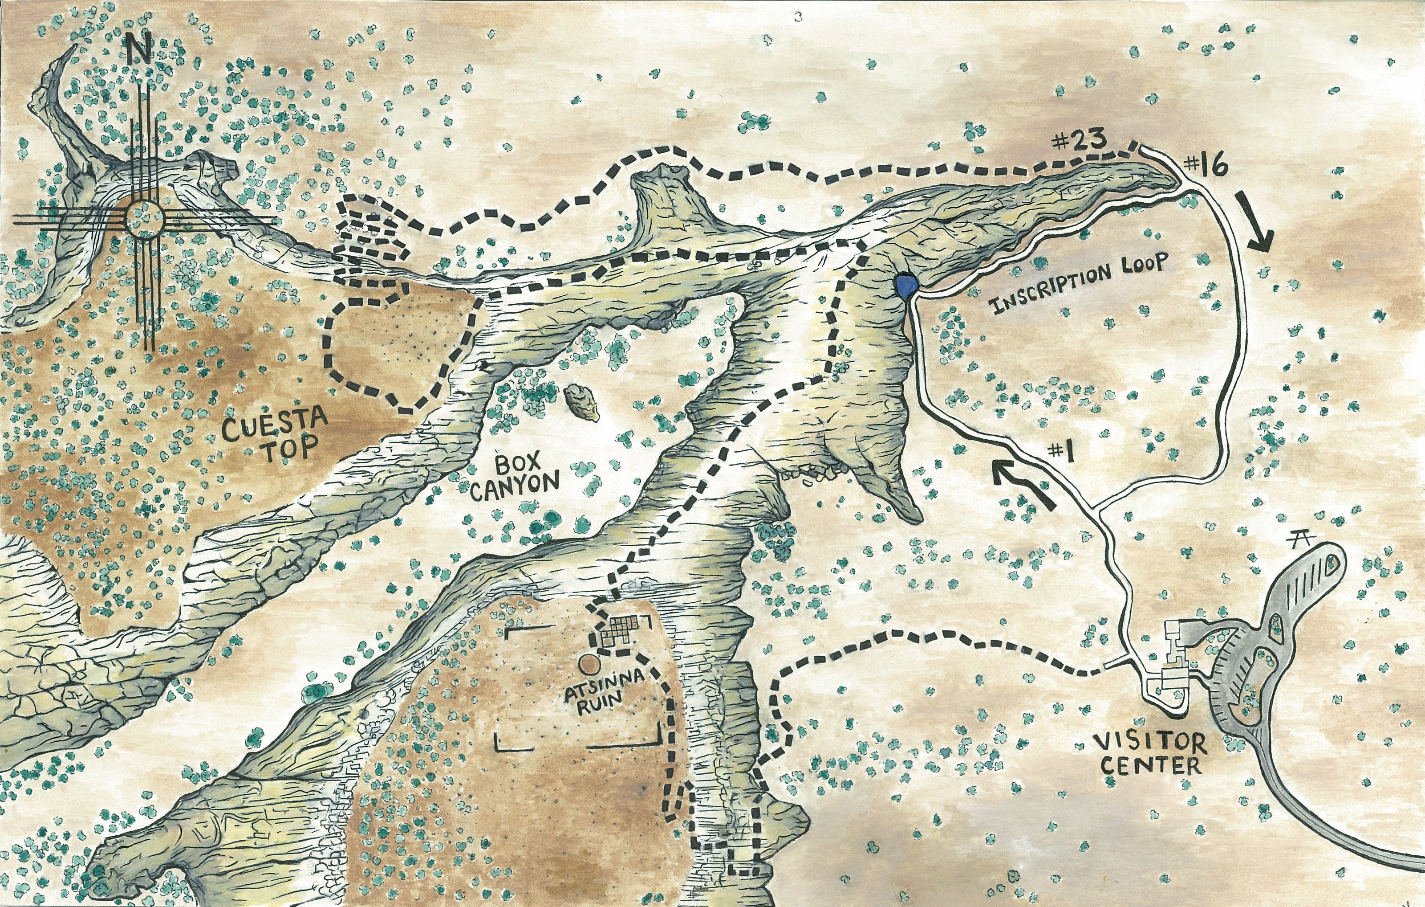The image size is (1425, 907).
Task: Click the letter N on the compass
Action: [x=141, y=47]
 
